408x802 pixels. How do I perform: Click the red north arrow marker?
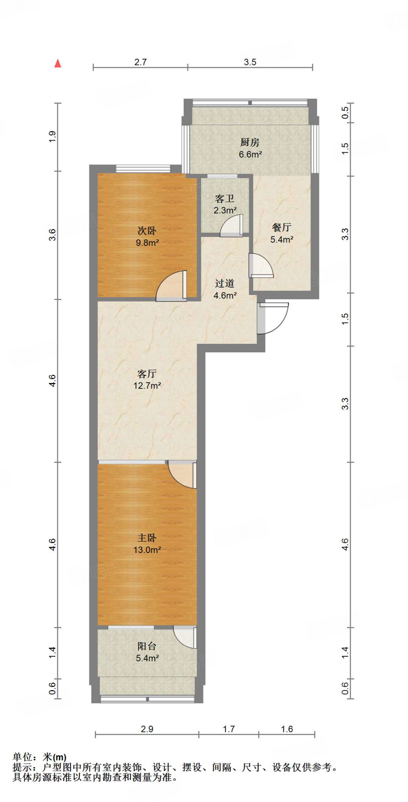(58, 63)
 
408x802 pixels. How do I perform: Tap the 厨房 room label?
(250, 142)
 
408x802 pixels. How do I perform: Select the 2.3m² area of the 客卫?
(225, 210)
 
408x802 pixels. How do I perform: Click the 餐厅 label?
(281, 227)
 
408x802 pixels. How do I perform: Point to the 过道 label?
(225, 283)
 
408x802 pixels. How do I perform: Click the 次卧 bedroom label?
(147, 231)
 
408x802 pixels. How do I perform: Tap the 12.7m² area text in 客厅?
(147, 385)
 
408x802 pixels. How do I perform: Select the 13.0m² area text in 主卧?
(147, 550)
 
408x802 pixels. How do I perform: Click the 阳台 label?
(147, 646)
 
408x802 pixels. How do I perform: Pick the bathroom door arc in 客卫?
(232, 226)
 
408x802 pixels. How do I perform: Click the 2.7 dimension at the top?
(140, 62)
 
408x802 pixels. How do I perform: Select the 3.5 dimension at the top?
(250, 62)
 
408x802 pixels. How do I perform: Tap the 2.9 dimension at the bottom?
(147, 729)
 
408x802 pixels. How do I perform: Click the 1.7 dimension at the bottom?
(228, 729)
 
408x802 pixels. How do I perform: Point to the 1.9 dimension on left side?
(53, 137)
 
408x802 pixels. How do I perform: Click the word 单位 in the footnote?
(23, 757)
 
